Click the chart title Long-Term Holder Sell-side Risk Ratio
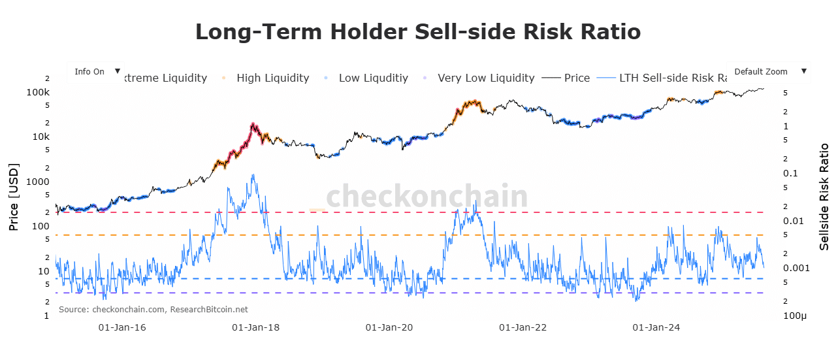(418, 31)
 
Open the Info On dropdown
(96, 72)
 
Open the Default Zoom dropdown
(769, 72)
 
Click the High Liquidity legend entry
(272, 78)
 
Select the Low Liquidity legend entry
(373, 78)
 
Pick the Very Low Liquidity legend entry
(485, 78)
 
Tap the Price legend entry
(577, 78)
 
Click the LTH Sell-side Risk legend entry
(673, 78)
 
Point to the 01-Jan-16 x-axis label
(121, 327)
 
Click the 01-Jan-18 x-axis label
(255, 327)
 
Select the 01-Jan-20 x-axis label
(389, 327)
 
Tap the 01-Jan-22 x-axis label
(522, 327)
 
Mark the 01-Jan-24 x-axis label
(656, 327)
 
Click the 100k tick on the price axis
(38, 92)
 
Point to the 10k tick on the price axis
(40, 137)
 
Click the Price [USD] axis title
(13, 197)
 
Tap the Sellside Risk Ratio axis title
(824, 196)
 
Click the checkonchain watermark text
(426, 196)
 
